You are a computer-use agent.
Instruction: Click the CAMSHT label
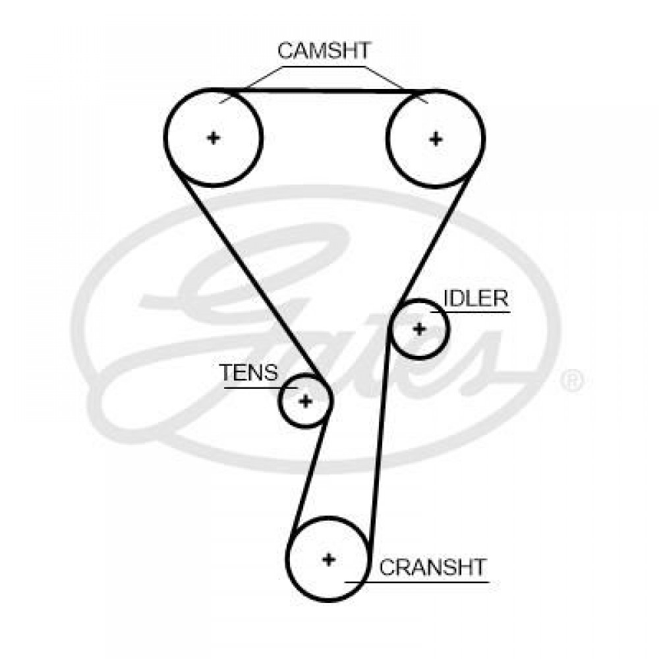(324, 51)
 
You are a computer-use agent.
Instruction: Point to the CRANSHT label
(432, 567)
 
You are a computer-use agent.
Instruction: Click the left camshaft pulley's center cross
(213, 138)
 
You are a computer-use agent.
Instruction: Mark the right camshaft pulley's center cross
(435, 138)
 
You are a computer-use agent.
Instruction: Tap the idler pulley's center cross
(419, 329)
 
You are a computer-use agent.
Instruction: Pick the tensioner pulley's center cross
(304, 400)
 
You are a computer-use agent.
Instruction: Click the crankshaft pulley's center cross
(328, 559)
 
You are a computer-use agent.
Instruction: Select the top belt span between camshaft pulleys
(323, 90)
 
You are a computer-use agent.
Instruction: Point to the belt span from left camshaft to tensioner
(250, 277)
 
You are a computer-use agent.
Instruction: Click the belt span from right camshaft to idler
(438, 237)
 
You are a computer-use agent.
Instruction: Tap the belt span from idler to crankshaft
(380, 448)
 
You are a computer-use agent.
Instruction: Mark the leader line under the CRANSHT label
(422, 582)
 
